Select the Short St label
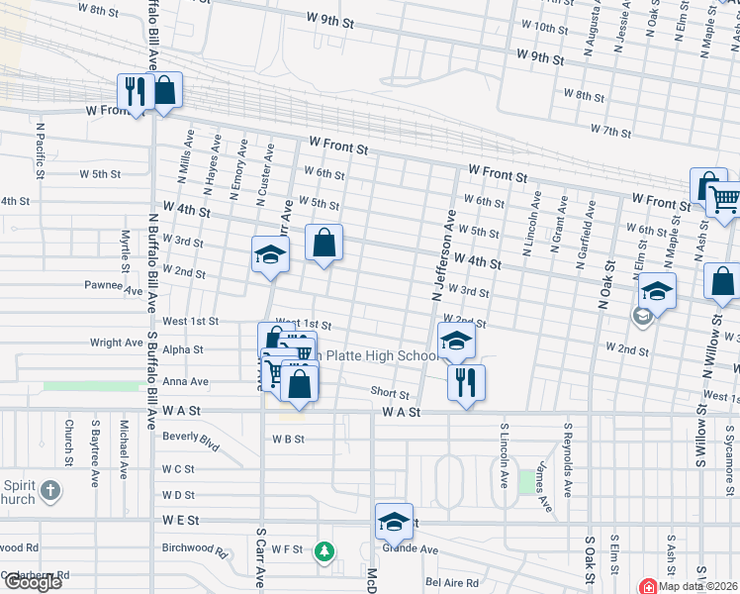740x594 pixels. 390,392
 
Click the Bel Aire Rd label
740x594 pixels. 452,583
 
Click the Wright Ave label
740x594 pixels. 117,343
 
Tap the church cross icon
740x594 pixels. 50,490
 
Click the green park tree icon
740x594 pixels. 323,550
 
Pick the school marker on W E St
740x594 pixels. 394,521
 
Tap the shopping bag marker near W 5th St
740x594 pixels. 324,243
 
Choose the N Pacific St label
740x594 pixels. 40,150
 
